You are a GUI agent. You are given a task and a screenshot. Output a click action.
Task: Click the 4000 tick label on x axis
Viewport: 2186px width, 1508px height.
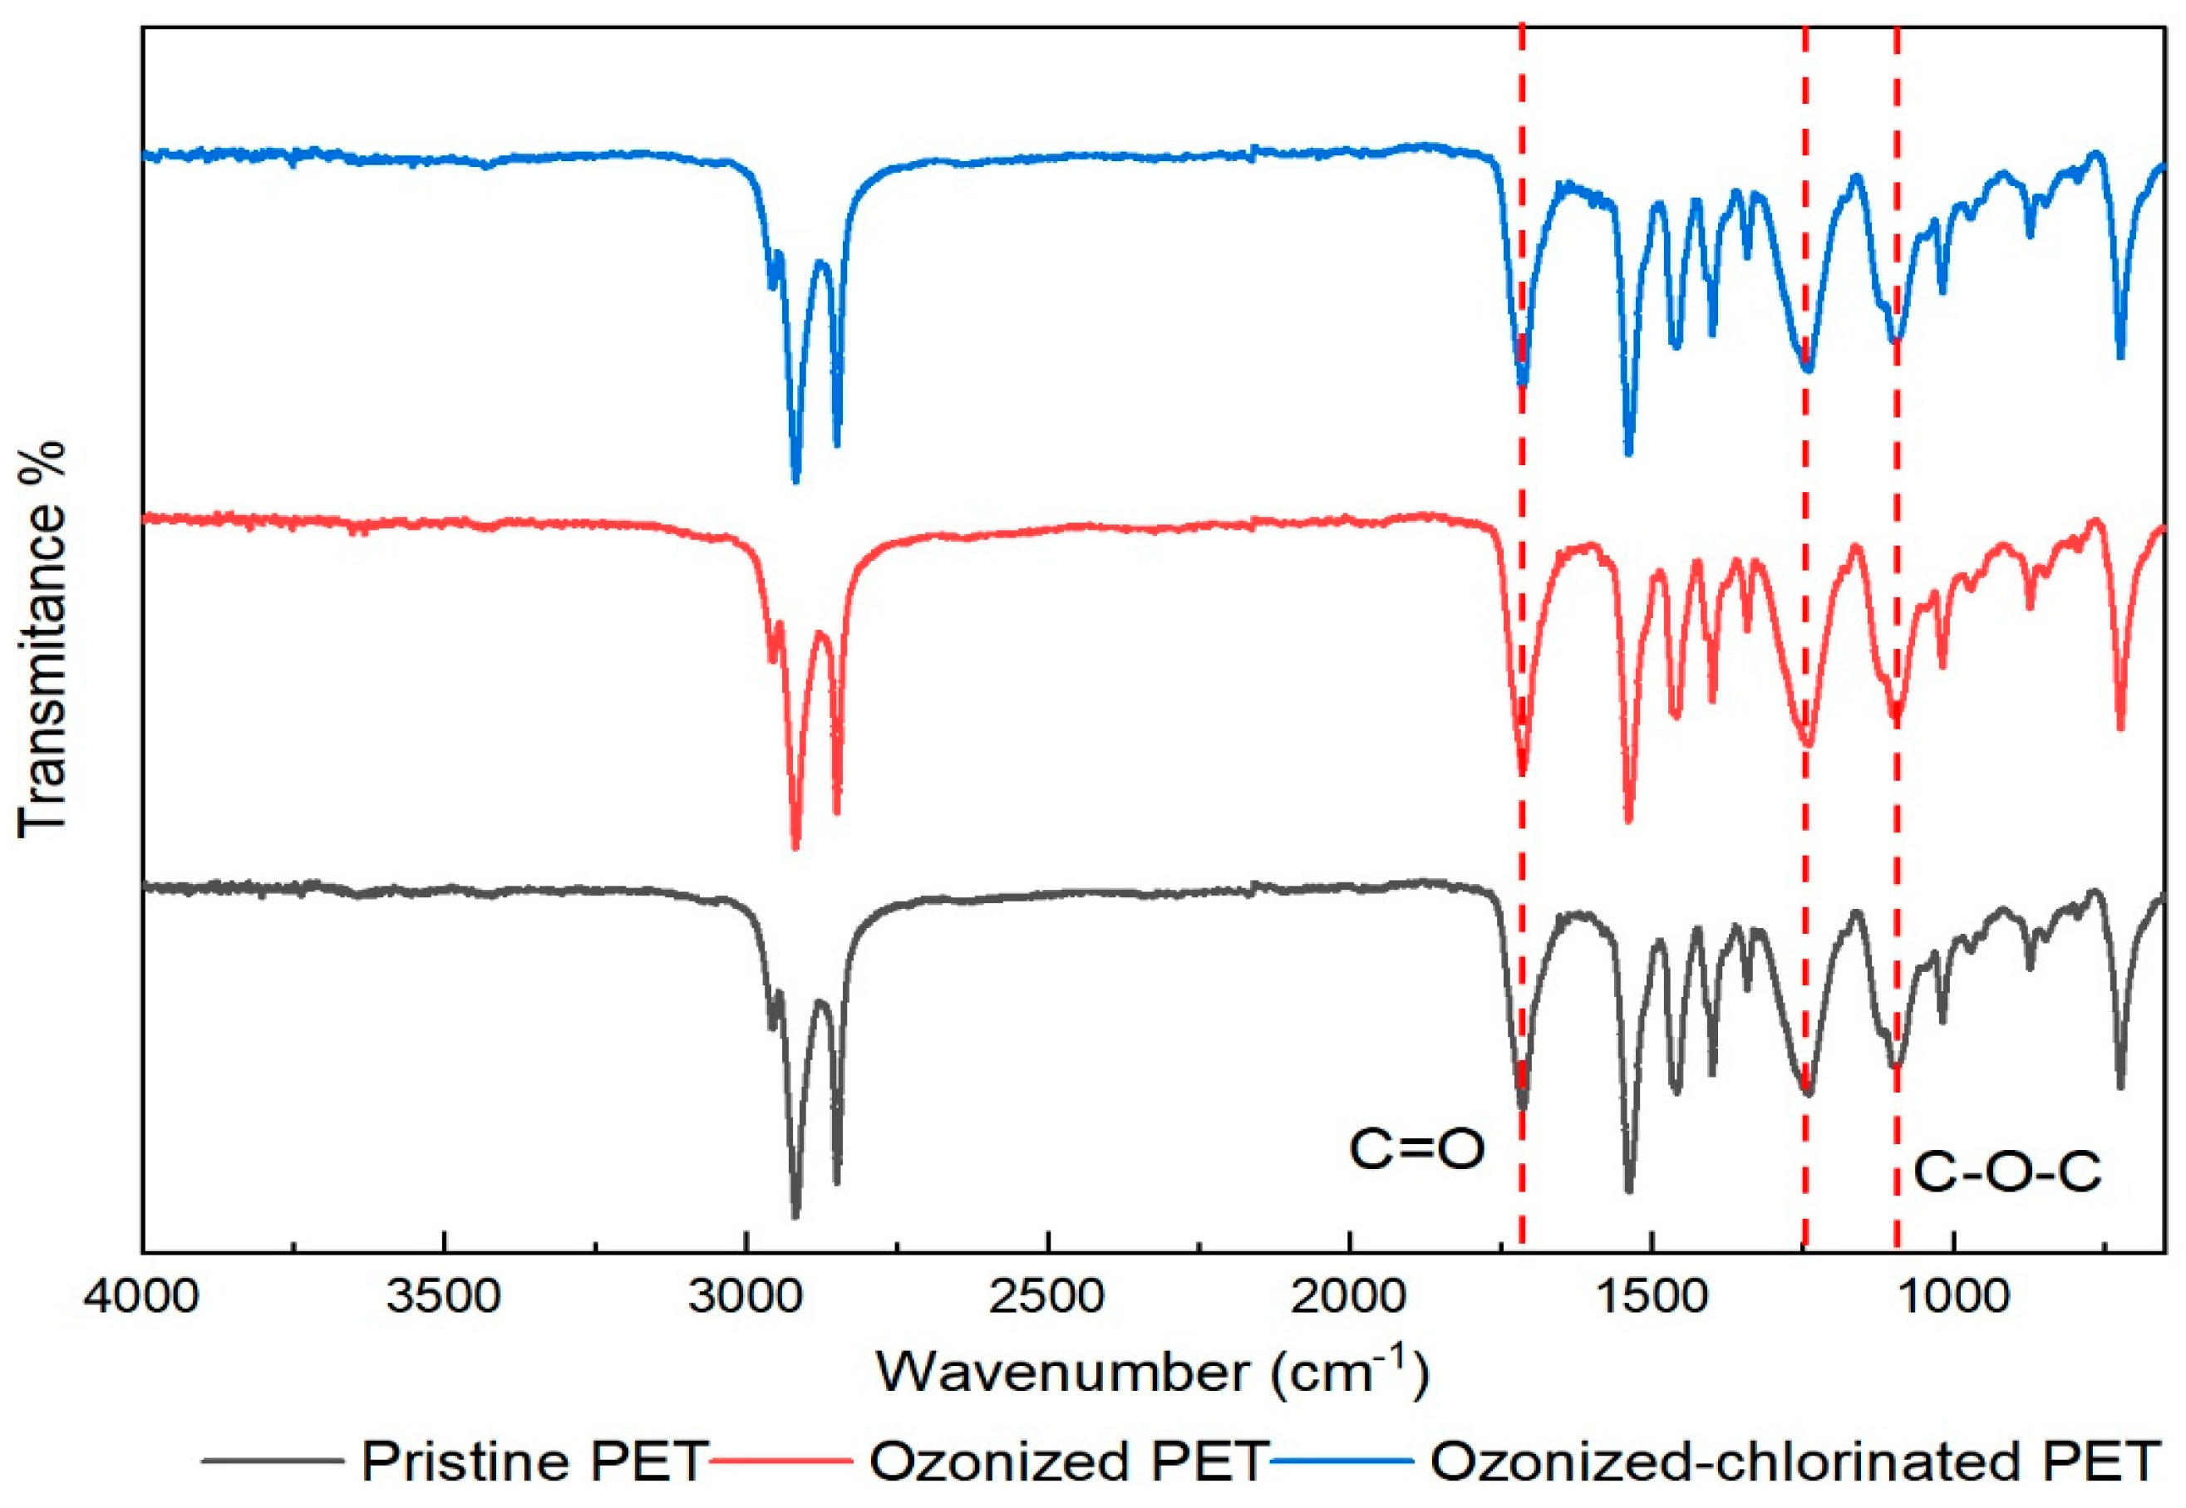point(142,1295)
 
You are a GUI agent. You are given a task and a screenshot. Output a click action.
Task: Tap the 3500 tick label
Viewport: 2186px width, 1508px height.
point(443,1295)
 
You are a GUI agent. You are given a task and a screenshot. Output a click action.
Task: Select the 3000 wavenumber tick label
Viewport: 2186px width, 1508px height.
point(746,1295)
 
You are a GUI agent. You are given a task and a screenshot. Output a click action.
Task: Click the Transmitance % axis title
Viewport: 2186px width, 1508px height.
point(42,639)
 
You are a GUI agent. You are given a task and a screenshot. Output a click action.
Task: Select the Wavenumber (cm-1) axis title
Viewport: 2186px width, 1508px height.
point(1152,1371)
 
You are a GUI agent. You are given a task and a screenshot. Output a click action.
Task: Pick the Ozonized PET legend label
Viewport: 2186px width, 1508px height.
point(1068,1461)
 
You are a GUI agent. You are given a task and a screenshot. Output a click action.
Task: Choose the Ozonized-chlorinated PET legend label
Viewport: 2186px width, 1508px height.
point(1795,1461)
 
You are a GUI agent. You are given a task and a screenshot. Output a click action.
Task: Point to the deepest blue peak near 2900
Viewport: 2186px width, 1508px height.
point(795,480)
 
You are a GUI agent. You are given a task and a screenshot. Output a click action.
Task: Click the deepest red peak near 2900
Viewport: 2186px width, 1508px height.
point(795,847)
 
